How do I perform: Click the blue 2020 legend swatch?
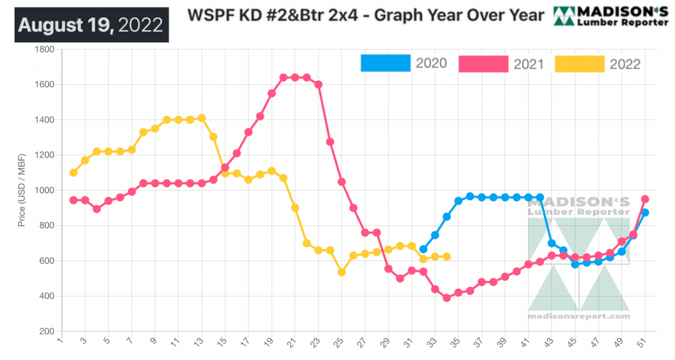[384, 63]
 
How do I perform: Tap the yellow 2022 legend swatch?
[579, 63]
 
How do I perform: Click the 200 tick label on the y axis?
[46, 332]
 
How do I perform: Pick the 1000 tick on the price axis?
[44, 191]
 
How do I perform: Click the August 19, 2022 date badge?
[91, 25]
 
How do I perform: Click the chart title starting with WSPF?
[367, 15]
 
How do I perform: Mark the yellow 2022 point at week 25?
[341, 272]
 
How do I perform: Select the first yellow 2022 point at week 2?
[73, 173]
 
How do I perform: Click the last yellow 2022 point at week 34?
[447, 256]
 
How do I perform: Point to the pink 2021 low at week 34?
[447, 298]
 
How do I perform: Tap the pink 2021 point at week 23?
[318, 84]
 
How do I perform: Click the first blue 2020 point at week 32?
[423, 249]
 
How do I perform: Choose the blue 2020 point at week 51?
[645, 212]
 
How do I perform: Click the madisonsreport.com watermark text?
[578, 316]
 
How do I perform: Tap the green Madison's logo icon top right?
[564, 15]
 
